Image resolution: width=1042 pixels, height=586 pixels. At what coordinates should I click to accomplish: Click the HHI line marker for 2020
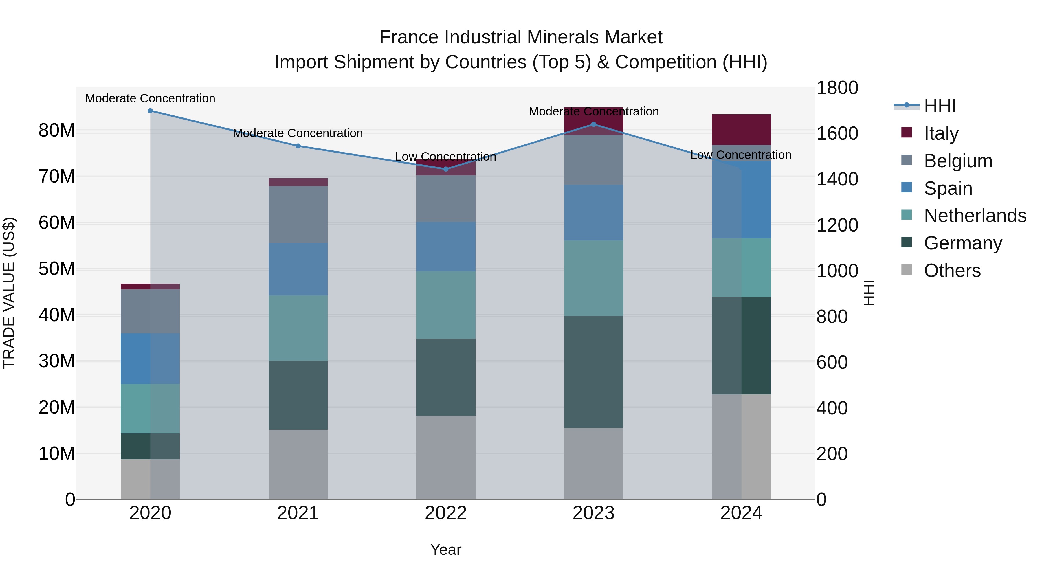coord(150,111)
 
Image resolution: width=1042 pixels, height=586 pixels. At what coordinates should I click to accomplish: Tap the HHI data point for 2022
coord(446,169)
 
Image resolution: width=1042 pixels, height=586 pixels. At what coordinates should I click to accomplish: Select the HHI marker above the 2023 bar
coord(593,124)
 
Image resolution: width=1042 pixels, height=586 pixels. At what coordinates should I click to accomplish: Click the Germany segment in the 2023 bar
coord(593,372)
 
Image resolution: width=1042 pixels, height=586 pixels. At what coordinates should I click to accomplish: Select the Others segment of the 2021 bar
coord(298,464)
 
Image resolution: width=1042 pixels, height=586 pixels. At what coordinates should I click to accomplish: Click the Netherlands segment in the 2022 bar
coord(446,305)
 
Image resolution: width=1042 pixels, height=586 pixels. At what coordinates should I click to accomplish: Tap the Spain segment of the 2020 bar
coord(150,359)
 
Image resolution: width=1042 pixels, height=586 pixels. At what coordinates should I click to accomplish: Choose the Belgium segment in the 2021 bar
coord(298,214)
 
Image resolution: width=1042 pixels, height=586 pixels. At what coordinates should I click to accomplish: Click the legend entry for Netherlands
coord(975,216)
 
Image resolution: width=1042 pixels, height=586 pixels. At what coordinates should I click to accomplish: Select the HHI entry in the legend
coord(940,106)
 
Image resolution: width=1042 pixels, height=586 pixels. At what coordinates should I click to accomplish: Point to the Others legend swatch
coord(907,270)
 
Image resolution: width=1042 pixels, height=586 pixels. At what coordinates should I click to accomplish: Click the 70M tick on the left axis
coord(57,177)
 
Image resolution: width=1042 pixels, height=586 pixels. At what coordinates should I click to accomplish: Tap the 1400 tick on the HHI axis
coord(836,179)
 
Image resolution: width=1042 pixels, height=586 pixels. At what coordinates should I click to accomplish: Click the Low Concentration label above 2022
coord(445,157)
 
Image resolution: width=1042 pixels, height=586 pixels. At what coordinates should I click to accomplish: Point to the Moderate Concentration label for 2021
coord(298,133)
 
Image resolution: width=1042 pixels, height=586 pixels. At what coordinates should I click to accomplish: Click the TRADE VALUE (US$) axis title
coord(9,293)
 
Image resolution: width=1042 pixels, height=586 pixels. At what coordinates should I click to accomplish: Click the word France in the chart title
coord(408,37)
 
